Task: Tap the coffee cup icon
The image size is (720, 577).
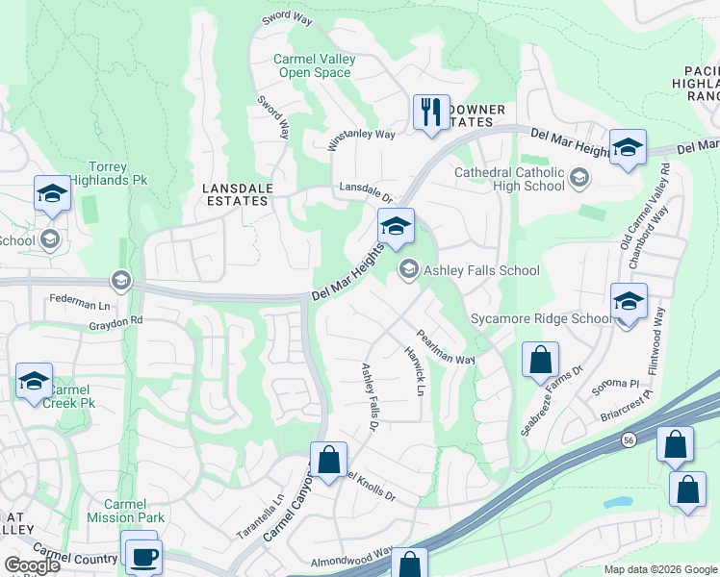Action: click(x=143, y=557)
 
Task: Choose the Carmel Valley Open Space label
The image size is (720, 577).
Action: click(x=315, y=65)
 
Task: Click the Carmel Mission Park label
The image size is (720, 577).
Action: click(x=124, y=511)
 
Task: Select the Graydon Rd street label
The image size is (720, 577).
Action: click(x=116, y=320)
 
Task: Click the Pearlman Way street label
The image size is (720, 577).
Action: click(x=446, y=347)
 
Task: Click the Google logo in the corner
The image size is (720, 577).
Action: click(x=32, y=565)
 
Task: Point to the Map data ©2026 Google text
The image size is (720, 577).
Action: click(x=659, y=569)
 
